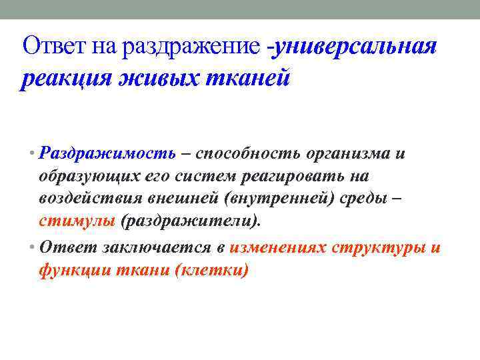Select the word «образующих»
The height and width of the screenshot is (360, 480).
pyautogui.click(x=89, y=176)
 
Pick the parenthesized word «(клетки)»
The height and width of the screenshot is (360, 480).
pyautogui.click(x=211, y=270)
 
